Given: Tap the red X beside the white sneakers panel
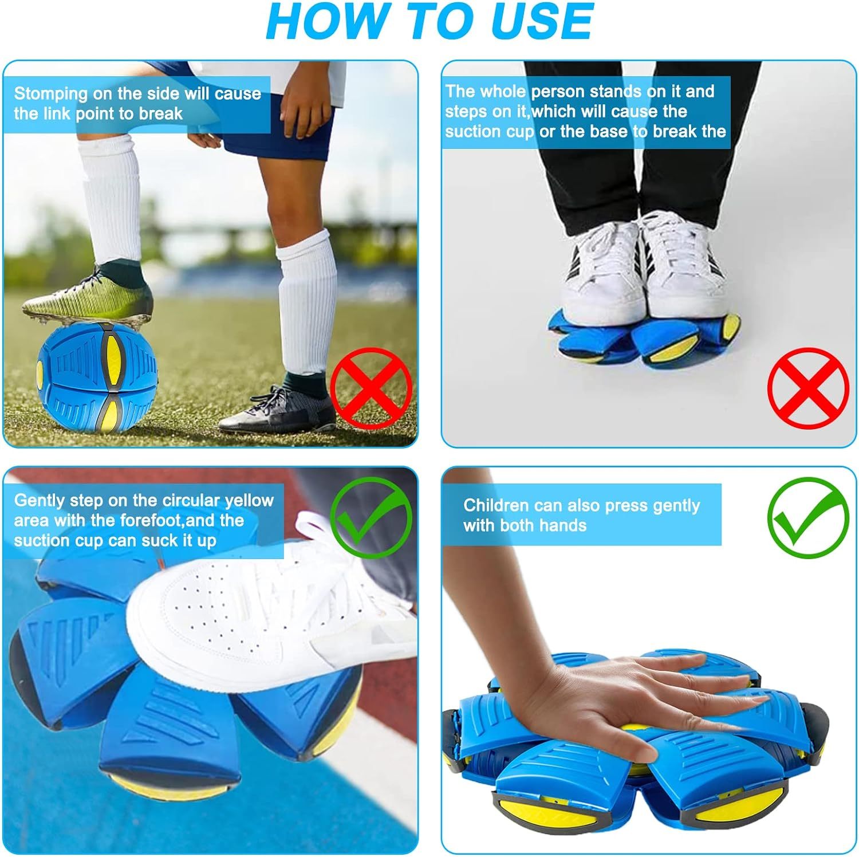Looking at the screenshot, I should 807,388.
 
